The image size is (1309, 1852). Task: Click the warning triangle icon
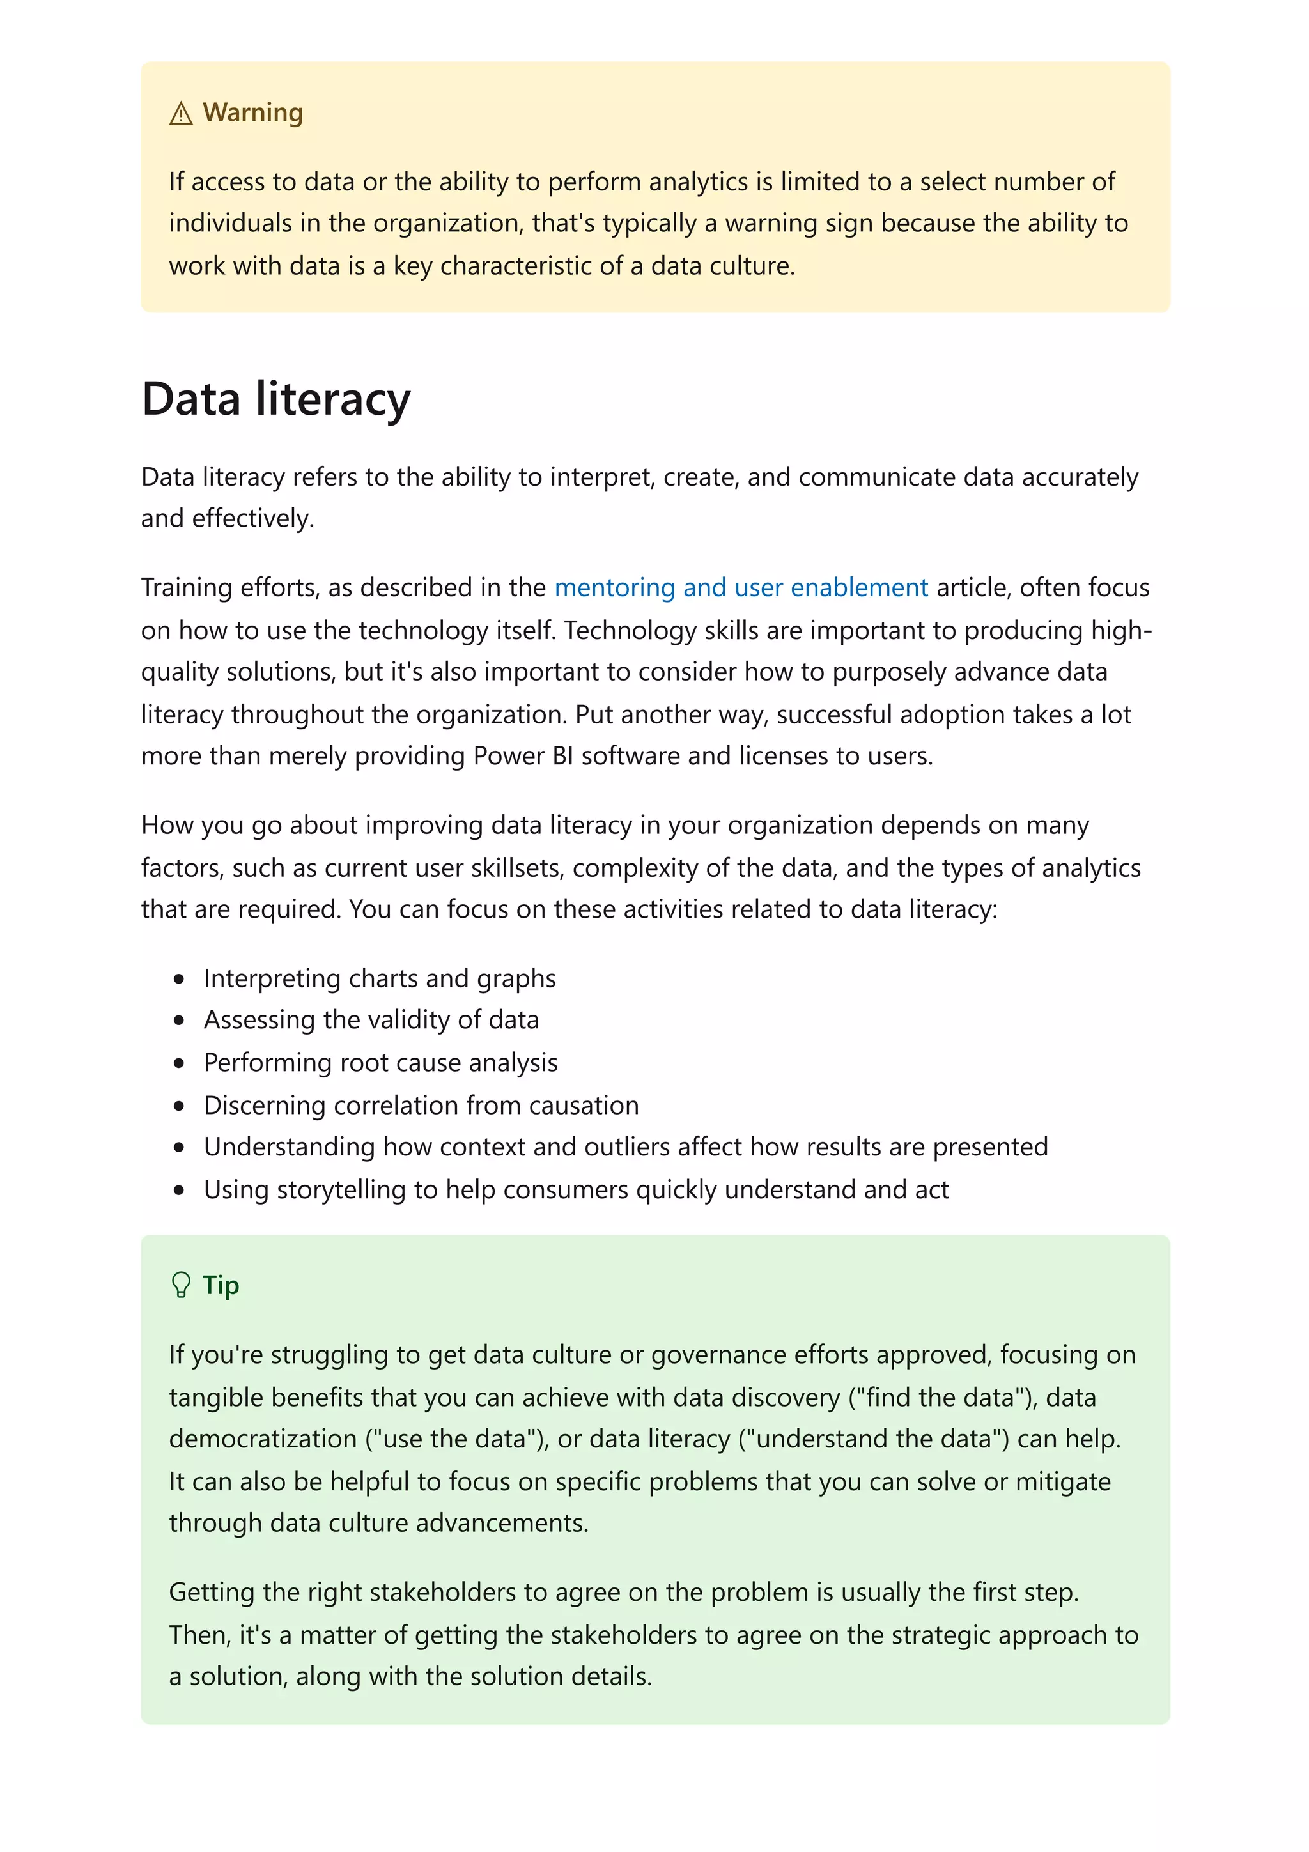coord(181,114)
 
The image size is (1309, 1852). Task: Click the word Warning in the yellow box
coord(252,112)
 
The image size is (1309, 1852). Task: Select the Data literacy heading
coord(276,399)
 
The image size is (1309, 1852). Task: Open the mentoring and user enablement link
coord(740,587)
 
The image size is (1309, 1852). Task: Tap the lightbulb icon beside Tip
coord(181,1285)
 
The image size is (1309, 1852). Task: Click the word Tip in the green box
coord(220,1285)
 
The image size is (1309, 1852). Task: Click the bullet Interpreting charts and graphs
coord(379,978)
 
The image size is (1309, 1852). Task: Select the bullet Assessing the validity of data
coord(371,1021)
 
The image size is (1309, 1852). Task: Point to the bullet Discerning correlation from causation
coord(421,1105)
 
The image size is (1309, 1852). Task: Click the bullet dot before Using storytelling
coord(179,1190)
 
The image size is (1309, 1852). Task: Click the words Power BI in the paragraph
coord(523,756)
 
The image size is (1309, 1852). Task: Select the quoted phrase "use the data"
coord(456,1439)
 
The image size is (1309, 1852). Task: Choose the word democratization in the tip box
coord(263,1439)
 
